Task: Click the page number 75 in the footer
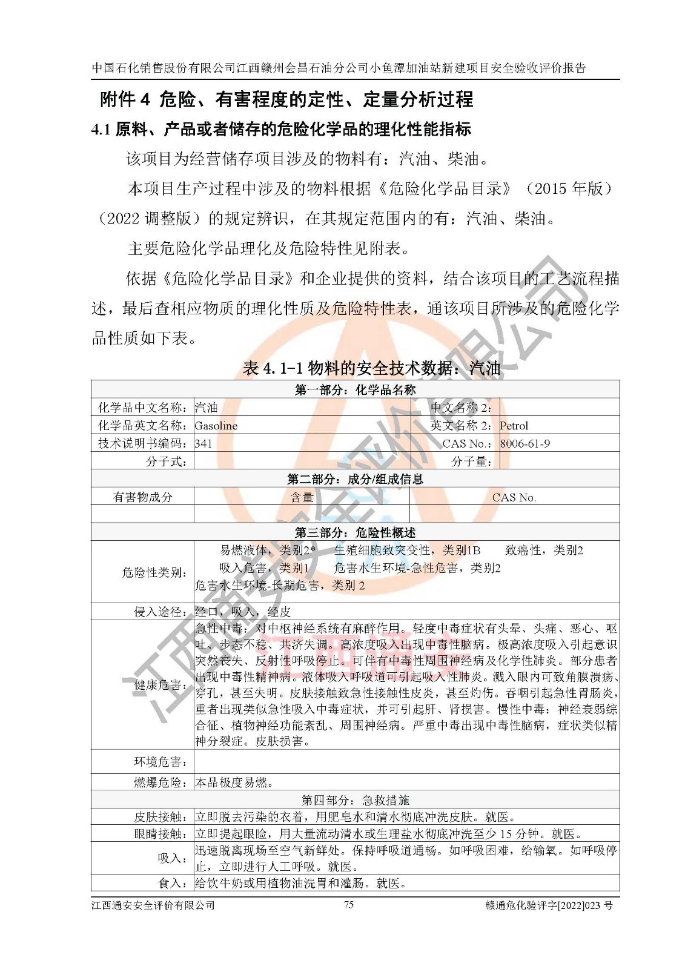click(348, 905)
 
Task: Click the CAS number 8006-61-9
click(525, 443)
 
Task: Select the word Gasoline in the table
click(216, 426)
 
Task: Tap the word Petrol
click(514, 426)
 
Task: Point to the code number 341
click(204, 443)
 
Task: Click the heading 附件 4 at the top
click(125, 99)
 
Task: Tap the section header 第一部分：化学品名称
click(355, 389)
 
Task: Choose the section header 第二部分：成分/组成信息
click(355, 479)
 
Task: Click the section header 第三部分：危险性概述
click(355, 532)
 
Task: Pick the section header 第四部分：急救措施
click(355, 800)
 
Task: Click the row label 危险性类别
click(154, 572)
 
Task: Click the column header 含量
click(302, 497)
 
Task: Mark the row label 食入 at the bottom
click(172, 883)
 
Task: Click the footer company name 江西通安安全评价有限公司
click(153, 905)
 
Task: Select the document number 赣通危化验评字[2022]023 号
click(549, 905)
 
